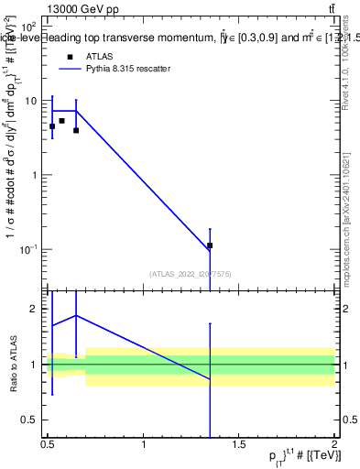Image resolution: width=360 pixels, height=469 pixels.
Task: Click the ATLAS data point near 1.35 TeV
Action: tap(210, 245)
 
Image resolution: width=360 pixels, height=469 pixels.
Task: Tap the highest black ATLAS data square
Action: tap(61, 120)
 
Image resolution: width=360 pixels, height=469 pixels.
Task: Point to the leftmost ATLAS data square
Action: tap(52, 126)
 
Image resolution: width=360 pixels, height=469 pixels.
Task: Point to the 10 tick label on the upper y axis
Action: tap(30, 101)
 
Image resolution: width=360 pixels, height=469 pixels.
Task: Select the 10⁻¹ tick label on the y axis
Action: tap(28, 249)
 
